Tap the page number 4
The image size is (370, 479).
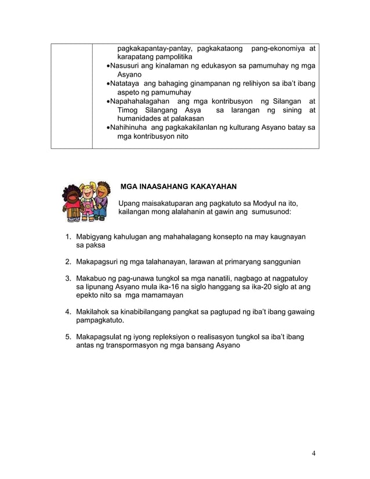[x=314, y=453]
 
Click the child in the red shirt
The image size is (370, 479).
[x=73, y=203]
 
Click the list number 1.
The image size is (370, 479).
[x=68, y=237]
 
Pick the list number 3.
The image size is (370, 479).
[x=68, y=278]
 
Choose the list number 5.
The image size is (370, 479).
[x=68, y=337]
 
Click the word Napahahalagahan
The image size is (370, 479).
[x=140, y=102]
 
